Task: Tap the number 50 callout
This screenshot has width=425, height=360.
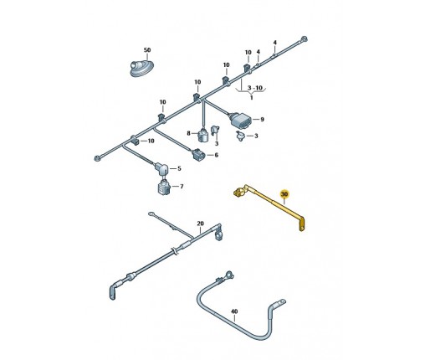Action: pyautogui.click(x=147, y=50)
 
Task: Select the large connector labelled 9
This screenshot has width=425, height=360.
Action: pyautogui.click(x=240, y=121)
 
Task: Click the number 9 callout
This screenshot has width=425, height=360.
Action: pyautogui.click(x=262, y=120)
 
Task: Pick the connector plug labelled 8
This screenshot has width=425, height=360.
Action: pyautogui.click(x=203, y=136)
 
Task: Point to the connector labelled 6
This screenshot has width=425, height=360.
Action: pyautogui.click(x=199, y=155)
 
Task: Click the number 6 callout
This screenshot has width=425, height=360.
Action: pyautogui.click(x=217, y=155)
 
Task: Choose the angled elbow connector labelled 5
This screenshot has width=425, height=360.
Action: pyautogui.click(x=161, y=169)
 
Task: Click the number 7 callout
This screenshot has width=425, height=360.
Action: pyautogui.click(x=182, y=186)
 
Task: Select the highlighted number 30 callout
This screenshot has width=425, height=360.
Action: pyautogui.click(x=284, y=193)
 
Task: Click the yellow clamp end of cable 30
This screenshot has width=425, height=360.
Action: pyautogui.click(x=239, y=192)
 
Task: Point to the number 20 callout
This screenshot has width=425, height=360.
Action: pyautogui.click(x=200, y=224)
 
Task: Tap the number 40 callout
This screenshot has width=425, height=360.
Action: pyautogui.click(x=234, y=311)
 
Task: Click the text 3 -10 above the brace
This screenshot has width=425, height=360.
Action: pyautogui.click(x=255, y=88)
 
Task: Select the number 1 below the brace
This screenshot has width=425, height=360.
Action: pyautogui.click(x=252, y=98)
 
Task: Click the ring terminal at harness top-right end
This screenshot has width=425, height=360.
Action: pyautogui.click(x=304, y=39)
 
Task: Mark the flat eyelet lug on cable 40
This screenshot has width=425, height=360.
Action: pyautogui.click(x=280, y=302)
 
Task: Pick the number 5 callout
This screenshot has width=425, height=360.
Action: pyautogui.click(x=179, y=168)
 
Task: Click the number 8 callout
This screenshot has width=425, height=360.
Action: pyautogui.click(x=188, y=133)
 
